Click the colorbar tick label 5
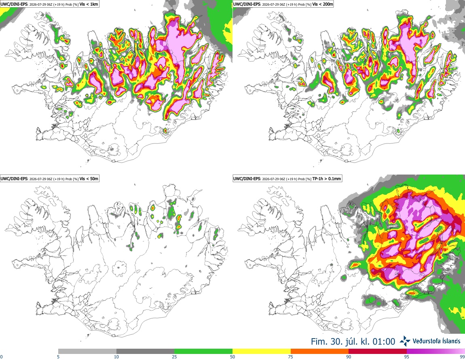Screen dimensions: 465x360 coord(58,357)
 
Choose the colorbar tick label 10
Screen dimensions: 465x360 coord(116,357)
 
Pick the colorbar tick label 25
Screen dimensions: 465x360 coord(174,357)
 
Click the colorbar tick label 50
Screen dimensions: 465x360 coord(232,357)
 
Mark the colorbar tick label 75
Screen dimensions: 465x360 coord(291,357)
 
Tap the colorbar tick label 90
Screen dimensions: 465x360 coord(349,357)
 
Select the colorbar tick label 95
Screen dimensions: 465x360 coord(407,357)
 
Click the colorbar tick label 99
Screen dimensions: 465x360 coord(462,357)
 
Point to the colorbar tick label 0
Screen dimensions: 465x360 coord(2,357)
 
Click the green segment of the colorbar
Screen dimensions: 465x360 coord(203,352)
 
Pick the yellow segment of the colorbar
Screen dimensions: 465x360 coord(262,352)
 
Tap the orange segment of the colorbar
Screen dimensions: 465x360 coord(320,352)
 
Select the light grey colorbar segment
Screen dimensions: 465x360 coord(87,352)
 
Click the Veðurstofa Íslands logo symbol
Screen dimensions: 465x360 coord(405,341)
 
